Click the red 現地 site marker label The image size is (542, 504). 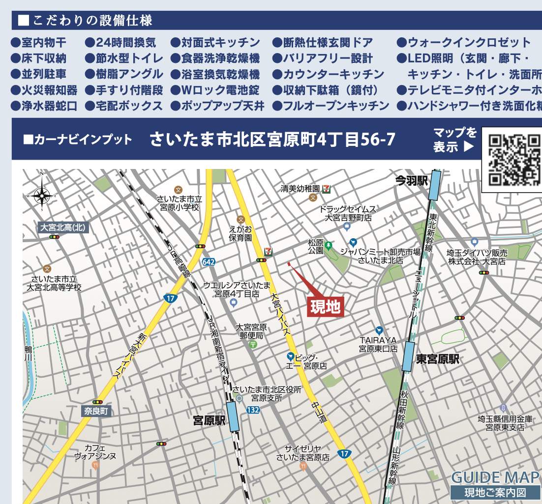point(325,307)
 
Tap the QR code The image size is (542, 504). point(514,159)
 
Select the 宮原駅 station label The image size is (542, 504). point(209,420)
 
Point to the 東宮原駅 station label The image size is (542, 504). point(438,359)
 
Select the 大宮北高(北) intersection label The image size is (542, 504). point(63,227)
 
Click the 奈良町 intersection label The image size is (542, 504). point(96,411)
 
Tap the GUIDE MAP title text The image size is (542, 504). point(495,477)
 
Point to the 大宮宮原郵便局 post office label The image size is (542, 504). point(251,331)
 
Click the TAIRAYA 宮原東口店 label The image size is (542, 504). point(378,344)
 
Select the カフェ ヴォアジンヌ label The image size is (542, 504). point(95,452)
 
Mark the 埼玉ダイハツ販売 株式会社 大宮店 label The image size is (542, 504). point(476,256)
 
